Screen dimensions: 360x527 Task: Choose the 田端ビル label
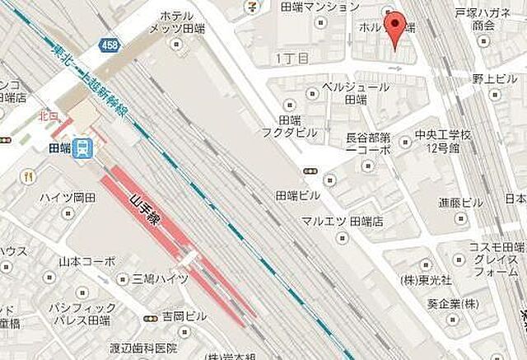tap(298, 195)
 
